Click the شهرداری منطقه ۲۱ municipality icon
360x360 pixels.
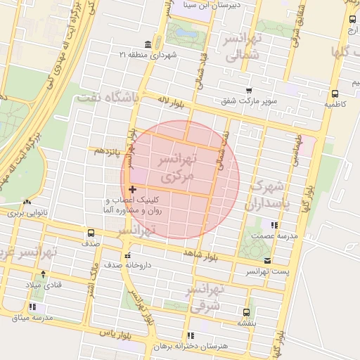[x=147, y=44]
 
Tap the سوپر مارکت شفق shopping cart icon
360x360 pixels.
[x=249, y=90]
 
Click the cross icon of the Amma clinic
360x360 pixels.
[x=133, y=189]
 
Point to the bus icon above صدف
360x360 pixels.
[x=91, y=233]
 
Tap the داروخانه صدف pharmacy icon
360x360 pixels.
[x=127, y=255]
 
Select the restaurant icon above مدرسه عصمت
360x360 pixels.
[x=274, y=225]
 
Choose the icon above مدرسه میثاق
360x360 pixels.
[x=32, y=307]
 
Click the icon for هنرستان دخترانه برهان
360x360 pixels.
[x=188, y=336]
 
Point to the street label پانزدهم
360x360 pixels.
[x=108, y=150]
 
